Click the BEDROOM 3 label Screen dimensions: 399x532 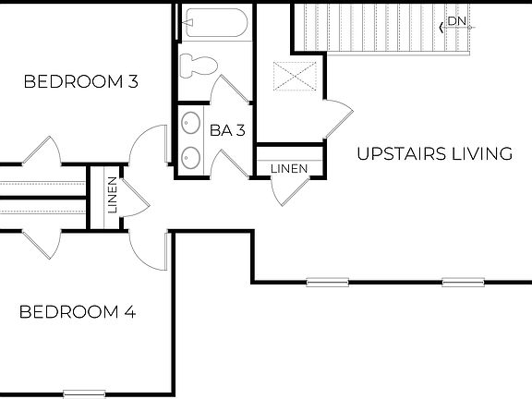(80, 82)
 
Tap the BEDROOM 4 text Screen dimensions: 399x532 (78, 312)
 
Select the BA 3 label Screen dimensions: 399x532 (227, 131)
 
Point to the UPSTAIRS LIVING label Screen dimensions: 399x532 (434, 154)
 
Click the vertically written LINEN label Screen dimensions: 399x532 (112, 195)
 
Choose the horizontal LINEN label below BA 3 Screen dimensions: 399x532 (288, 169)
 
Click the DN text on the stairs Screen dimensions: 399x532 (457, 21)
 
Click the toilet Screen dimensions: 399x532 (197, 65)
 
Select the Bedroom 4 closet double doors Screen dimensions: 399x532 (41, 242)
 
